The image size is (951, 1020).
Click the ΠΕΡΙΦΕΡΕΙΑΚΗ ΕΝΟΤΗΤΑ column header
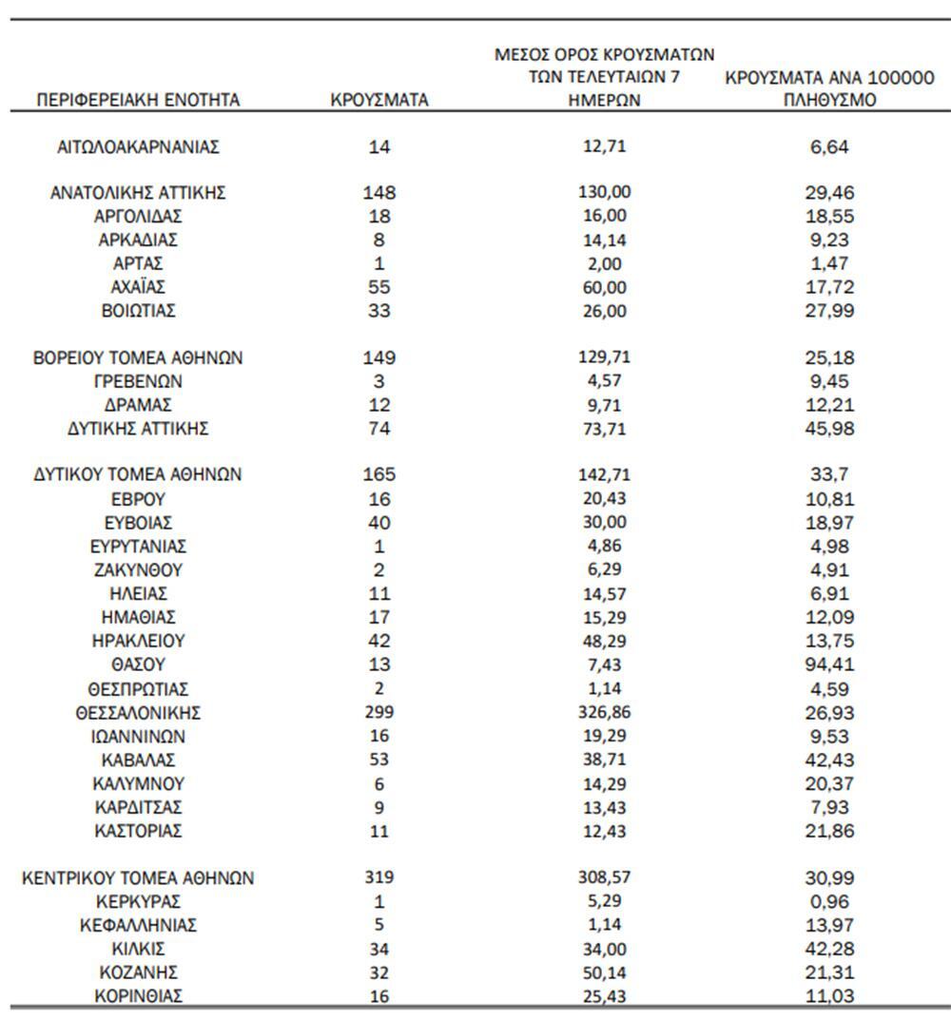pos(137,100)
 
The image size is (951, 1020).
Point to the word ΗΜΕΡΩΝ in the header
pos(605,100)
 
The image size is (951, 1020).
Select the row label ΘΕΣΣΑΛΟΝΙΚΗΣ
pos(138,713)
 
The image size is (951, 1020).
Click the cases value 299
pos(379,713)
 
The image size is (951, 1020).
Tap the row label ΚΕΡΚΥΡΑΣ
pos(138,902)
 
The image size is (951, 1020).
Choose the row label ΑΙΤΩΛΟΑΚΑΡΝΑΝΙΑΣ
pos(139,146)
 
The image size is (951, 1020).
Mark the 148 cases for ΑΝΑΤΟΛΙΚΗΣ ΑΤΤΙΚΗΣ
pos(379,193)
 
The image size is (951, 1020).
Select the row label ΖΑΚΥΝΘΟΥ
pos(138,571)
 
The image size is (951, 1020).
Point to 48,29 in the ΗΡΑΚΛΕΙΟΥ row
pos(606,642)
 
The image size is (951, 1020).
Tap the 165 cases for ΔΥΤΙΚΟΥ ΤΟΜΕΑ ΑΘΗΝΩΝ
pos(379,475)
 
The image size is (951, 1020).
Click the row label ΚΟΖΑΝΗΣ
pos(138,973)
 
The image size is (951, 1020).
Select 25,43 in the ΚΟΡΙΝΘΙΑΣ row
pos(606,996)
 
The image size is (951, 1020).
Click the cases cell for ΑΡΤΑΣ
pos(379,263)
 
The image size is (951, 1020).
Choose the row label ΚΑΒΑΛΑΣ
pos(138,760)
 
